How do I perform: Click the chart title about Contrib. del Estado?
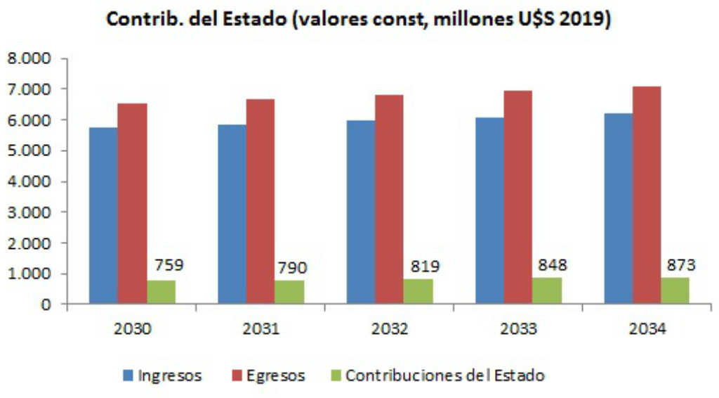359,19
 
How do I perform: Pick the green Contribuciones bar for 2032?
418,291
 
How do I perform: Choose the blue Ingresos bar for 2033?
489,210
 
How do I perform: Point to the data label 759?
168,265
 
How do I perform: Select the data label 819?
425,267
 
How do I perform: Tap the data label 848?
553,265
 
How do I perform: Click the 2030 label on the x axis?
132,329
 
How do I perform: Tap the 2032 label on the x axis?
389,329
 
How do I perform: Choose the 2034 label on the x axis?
647,329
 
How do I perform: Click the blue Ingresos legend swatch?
128,375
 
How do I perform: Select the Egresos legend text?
275,375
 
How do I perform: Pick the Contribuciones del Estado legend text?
445,375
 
